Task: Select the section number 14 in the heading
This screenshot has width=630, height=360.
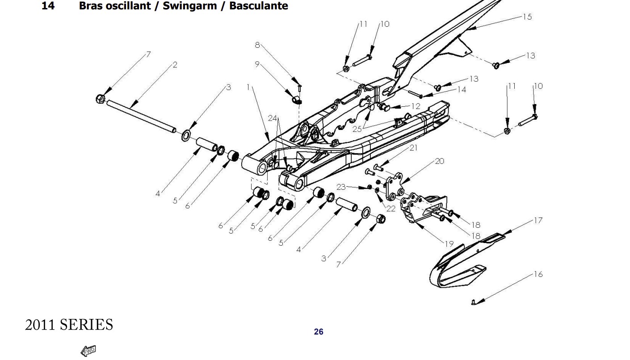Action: coord(48,6)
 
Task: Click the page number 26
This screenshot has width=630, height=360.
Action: coord(319,332)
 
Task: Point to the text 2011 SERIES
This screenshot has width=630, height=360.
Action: coord(69,325)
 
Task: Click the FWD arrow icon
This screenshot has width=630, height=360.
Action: coord(88,351)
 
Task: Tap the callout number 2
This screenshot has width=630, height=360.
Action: coord(175,65)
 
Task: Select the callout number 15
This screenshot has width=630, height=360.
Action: coord(527,17)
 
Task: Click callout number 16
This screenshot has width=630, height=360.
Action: coord(538,274)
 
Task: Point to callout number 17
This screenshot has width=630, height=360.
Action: coord(538,220)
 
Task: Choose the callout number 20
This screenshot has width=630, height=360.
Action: coord(440,161)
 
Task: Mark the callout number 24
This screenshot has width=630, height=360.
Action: coord(273,118)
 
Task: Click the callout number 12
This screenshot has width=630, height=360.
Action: coord(416,106)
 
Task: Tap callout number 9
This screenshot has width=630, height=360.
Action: coord(257,64)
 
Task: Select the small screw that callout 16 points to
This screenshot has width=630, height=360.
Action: coord(474,302)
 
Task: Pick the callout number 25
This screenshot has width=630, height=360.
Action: coord(357,129)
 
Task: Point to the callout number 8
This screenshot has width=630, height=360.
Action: coord(257,45)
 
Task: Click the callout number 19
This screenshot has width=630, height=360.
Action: coord(449,243)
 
